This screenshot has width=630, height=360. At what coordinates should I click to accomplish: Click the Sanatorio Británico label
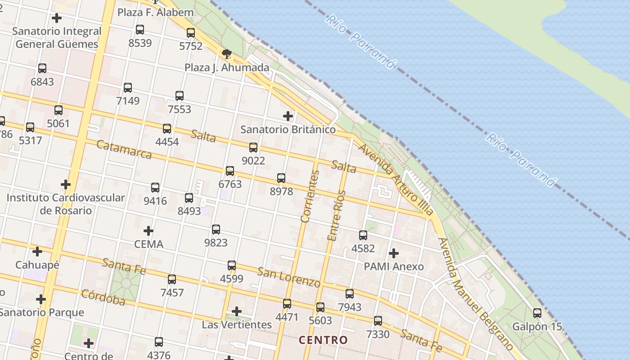(x=288, y=130)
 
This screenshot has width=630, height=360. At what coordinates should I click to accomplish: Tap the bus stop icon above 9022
(x=253, y=148)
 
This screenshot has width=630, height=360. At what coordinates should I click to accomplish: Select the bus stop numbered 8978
(x=281, y=178)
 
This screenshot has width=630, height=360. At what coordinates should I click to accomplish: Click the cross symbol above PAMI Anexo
(x=394, y=253)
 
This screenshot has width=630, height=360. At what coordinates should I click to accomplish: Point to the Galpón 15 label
(x=538, y=327)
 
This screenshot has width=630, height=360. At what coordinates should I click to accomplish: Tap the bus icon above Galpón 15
(x=537, y=313)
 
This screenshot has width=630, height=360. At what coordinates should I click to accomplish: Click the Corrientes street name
(x=310, y=197)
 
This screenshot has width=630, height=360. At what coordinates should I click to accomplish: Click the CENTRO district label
(x=324, y=340)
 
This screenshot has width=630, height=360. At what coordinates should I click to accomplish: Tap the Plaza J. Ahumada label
(x=227, y=68)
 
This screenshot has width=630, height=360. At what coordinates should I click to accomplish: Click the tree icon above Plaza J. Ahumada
(x=227, y=54)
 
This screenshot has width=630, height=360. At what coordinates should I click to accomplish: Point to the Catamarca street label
(x=124, y=150)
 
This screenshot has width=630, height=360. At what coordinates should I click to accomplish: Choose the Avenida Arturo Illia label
(x=396, y=179)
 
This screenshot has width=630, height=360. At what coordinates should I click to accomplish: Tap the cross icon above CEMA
(x=148, y=231)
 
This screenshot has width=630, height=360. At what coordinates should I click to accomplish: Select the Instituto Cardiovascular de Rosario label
(x=66, y=204)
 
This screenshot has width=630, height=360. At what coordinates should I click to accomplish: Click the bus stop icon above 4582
(x=363, y=235)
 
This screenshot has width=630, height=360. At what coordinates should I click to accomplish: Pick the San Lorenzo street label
(x=288, y=276)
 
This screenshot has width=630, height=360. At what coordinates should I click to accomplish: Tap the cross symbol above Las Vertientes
(x=237, y=311)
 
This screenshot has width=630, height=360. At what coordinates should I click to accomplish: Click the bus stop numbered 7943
(x=350, y=294)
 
